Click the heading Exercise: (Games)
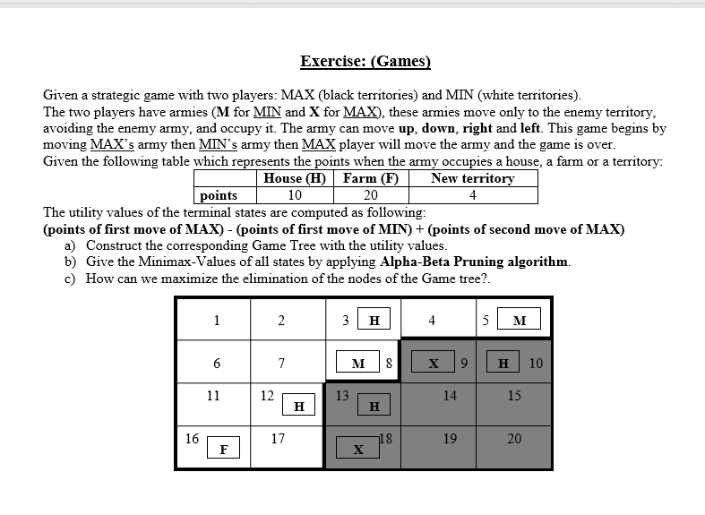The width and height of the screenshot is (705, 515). point(365,62)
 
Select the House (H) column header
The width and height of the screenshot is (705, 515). point(295,178)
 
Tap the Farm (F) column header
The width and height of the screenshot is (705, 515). point(369,178)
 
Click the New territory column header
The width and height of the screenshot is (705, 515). point(472,178)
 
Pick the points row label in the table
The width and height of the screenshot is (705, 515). point(219,195)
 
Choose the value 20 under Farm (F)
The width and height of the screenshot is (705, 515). point(369,195)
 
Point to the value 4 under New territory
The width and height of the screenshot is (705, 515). point(472,195)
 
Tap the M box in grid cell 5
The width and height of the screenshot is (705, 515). point(520,321)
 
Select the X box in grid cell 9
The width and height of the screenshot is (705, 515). point(434,364)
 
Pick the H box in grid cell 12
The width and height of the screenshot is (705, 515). point(298,407)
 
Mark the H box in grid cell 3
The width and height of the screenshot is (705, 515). point(374,321)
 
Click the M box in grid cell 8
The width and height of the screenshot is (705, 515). point(358,364)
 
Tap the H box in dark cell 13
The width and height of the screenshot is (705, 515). point(374,407)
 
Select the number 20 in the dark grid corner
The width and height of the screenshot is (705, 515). point(514,439)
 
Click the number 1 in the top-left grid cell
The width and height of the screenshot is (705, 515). point(216,321)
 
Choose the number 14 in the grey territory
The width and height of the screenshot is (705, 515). point(450,395)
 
